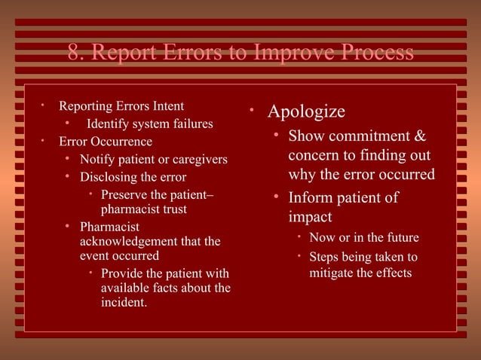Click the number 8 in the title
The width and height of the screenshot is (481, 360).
(73, 53)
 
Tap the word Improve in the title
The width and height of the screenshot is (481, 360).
(283, 53)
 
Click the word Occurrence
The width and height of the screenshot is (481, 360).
(121, 141)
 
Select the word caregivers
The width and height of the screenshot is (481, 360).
(197, 159)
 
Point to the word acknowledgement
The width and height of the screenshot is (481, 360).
(126, 241)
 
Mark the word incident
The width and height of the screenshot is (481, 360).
(124, 303)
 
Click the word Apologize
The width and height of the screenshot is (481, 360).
(307, 112)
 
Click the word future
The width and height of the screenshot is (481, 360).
(400, 238)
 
